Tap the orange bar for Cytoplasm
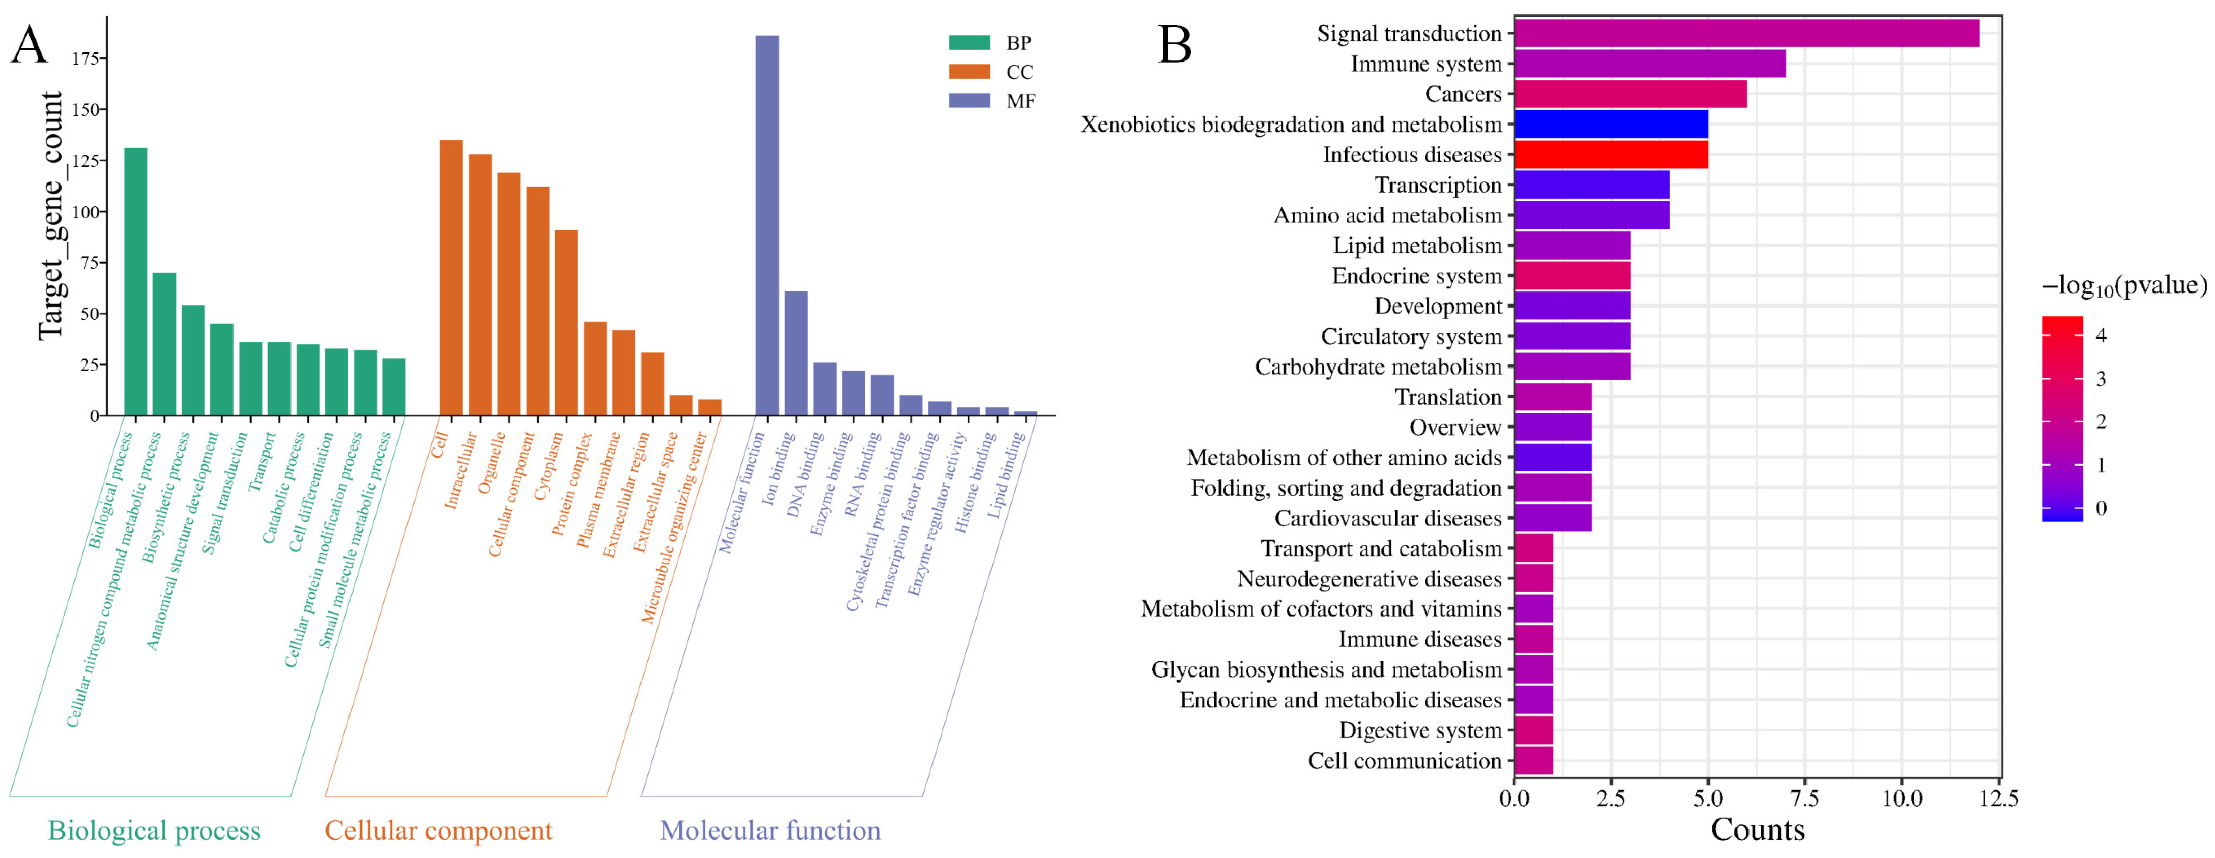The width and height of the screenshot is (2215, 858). pos(566,323)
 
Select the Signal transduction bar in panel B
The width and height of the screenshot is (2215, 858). pos(1745,34)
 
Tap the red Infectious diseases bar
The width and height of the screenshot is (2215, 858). pos(1610,155)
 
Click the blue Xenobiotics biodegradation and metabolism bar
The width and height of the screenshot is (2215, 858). pos(1610,125)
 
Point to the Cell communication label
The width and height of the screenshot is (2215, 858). pos(1404,761)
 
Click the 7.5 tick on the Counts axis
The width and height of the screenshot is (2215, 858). pos(1804,799)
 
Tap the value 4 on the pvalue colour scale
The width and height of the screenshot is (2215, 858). pos(2101,335)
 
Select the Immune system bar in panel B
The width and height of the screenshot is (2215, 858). pos(1649,64)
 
